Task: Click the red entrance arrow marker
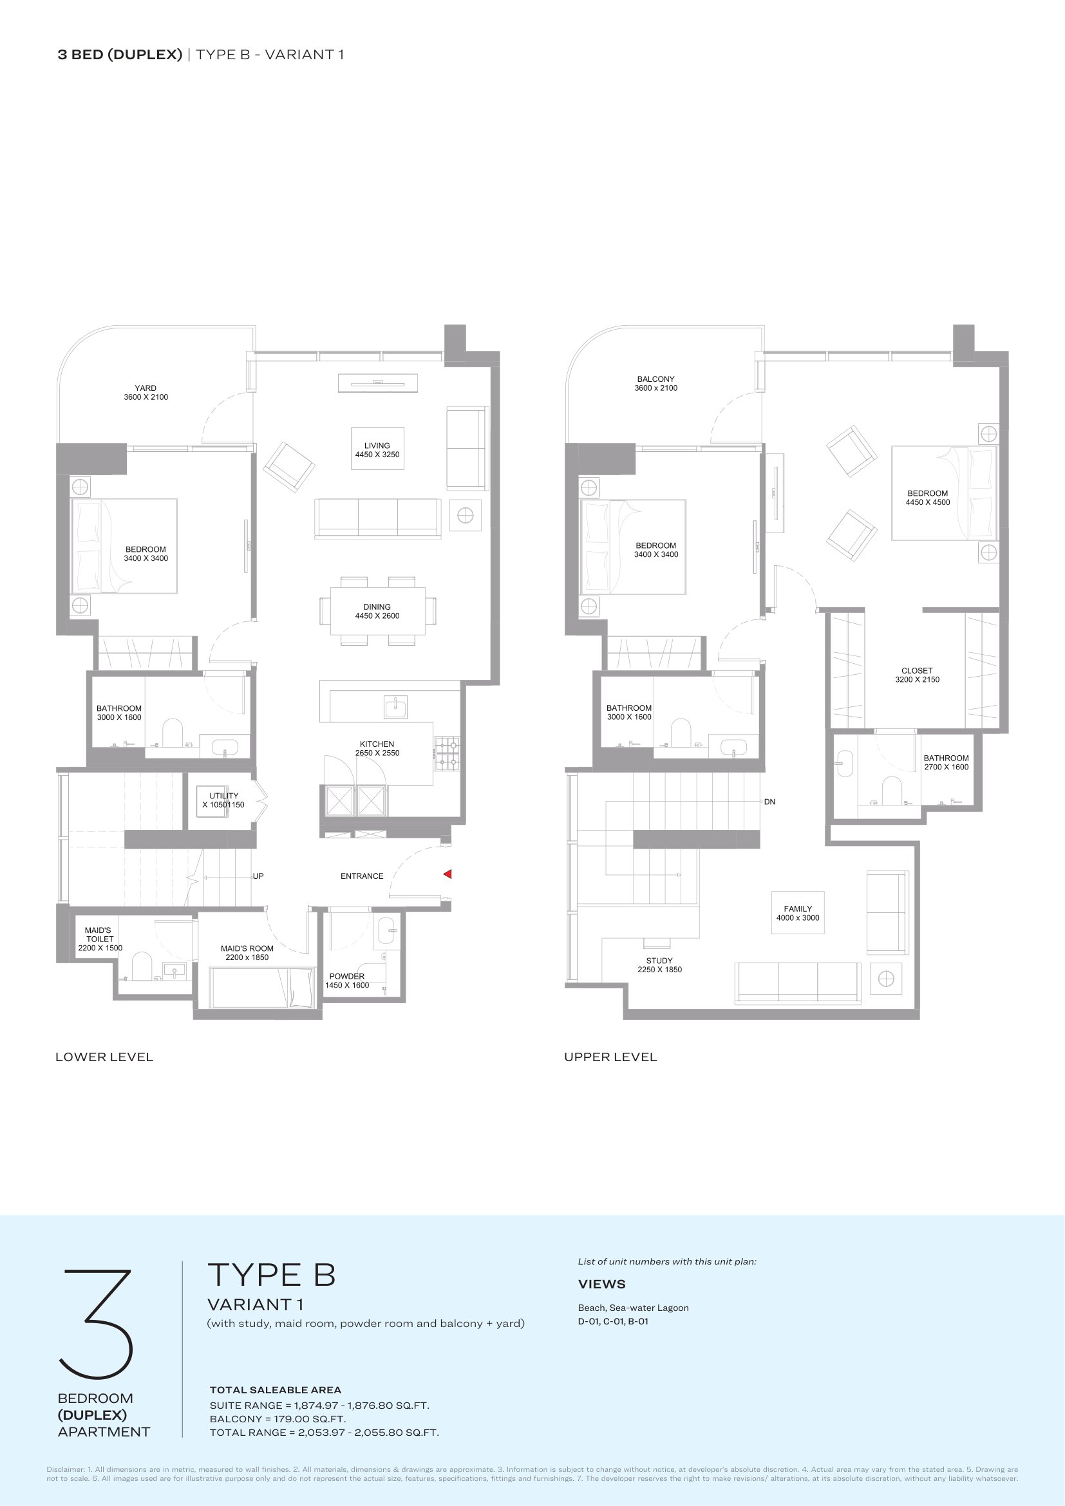(x=448, y=874)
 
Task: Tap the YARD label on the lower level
(x=146, y=388)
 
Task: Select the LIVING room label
(x=377, y=446)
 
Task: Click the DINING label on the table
(x=377, y=607)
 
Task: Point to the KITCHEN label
(x=377, y=744)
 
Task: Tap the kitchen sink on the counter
(x=395, y=707)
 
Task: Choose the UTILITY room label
(x=224, y=796)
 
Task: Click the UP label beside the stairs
(x=258, y=876)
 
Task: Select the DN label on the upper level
(x=770, y=802)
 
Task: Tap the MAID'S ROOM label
(x=247, y=948)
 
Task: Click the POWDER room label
(x=347, y=977)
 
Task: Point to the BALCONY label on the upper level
(x=655, y=379)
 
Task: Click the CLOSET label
(x=917, y=670)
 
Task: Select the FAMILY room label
(x=798, y=908)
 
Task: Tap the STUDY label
(x=660, y=960)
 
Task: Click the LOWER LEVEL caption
(x=104, y=1057)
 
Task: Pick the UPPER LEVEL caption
(x=610, y=1057)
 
